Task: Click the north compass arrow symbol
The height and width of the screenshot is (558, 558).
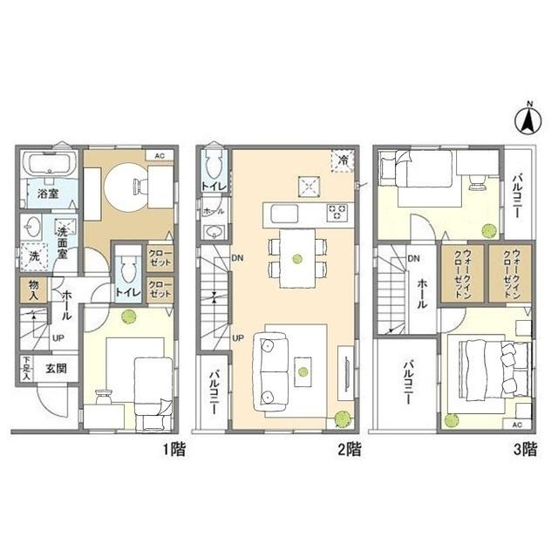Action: pyautogui.click(x=529, y=120)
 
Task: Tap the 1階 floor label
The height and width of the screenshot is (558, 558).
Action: pyautogui.click(x=174, y=450)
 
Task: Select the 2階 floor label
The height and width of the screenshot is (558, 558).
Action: pyautogui.click(x=349, y=450)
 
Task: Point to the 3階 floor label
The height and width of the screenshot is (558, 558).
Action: pyautogui.click(x=525, y=450)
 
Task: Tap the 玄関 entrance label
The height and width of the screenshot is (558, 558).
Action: pyautogui.click(x=57, y=368)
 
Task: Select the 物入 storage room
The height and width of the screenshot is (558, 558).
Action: pyautogui.click(x=33, y=290)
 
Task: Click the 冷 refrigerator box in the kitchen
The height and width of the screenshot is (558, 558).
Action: pyautogui.click(x=343, y=160)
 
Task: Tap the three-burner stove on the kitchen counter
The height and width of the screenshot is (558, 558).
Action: pyautogui.click(x=337, y=212)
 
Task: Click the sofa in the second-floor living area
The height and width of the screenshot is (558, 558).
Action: pyautogui.click(x=271, y=371)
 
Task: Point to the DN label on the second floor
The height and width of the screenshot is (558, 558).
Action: pyautogui.click(x=237, y=258)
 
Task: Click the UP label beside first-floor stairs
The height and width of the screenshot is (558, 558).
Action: pyautogui.click(x=58, y=338)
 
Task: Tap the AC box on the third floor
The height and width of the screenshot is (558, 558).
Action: pyautogui.click(x=517, y=425)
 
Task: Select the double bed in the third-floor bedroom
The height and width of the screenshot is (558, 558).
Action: pyautogui.click(x=494, y=369)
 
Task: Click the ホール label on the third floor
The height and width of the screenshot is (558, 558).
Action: pyautogui.click(x=422, y=294)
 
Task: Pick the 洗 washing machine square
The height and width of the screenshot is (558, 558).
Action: pyautogui.click(x=34, y=255)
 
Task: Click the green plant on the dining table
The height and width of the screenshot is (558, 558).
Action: pyautogui.click(x=297, y=258)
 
